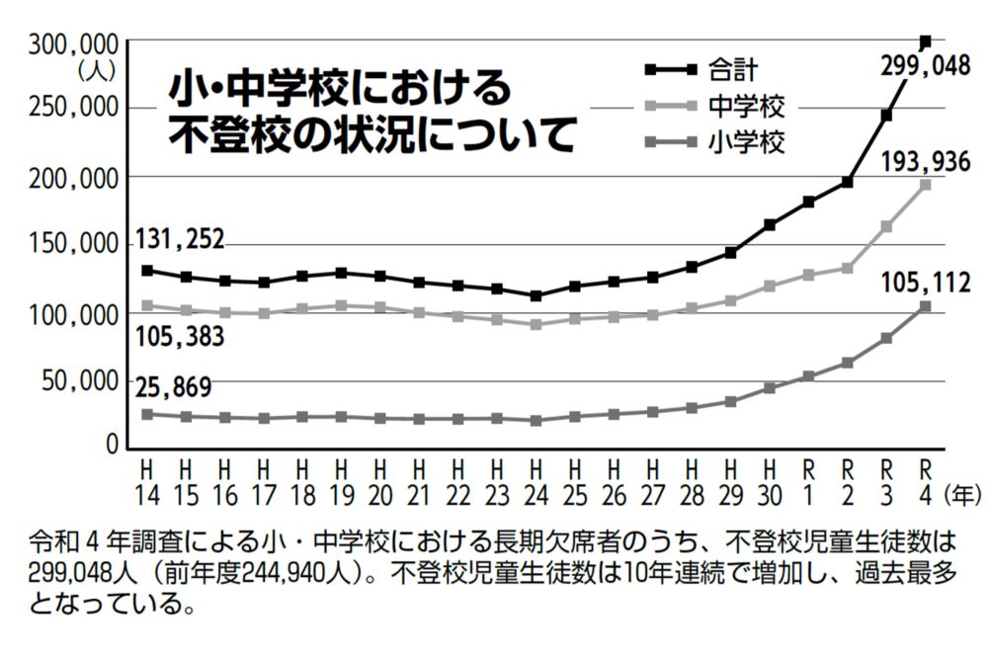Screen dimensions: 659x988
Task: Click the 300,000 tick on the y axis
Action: [x=74, y=42]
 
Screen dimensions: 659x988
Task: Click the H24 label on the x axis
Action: [x=535, y=477]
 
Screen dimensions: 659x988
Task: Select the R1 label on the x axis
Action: [x=808, y=477]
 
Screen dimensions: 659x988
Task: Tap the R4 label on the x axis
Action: [x=925, y=477]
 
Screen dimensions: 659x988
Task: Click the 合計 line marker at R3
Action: [x=886, y=116]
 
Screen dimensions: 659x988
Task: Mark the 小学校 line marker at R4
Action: [x=925, y=306]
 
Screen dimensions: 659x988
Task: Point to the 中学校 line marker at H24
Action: [x=535, y=324]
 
